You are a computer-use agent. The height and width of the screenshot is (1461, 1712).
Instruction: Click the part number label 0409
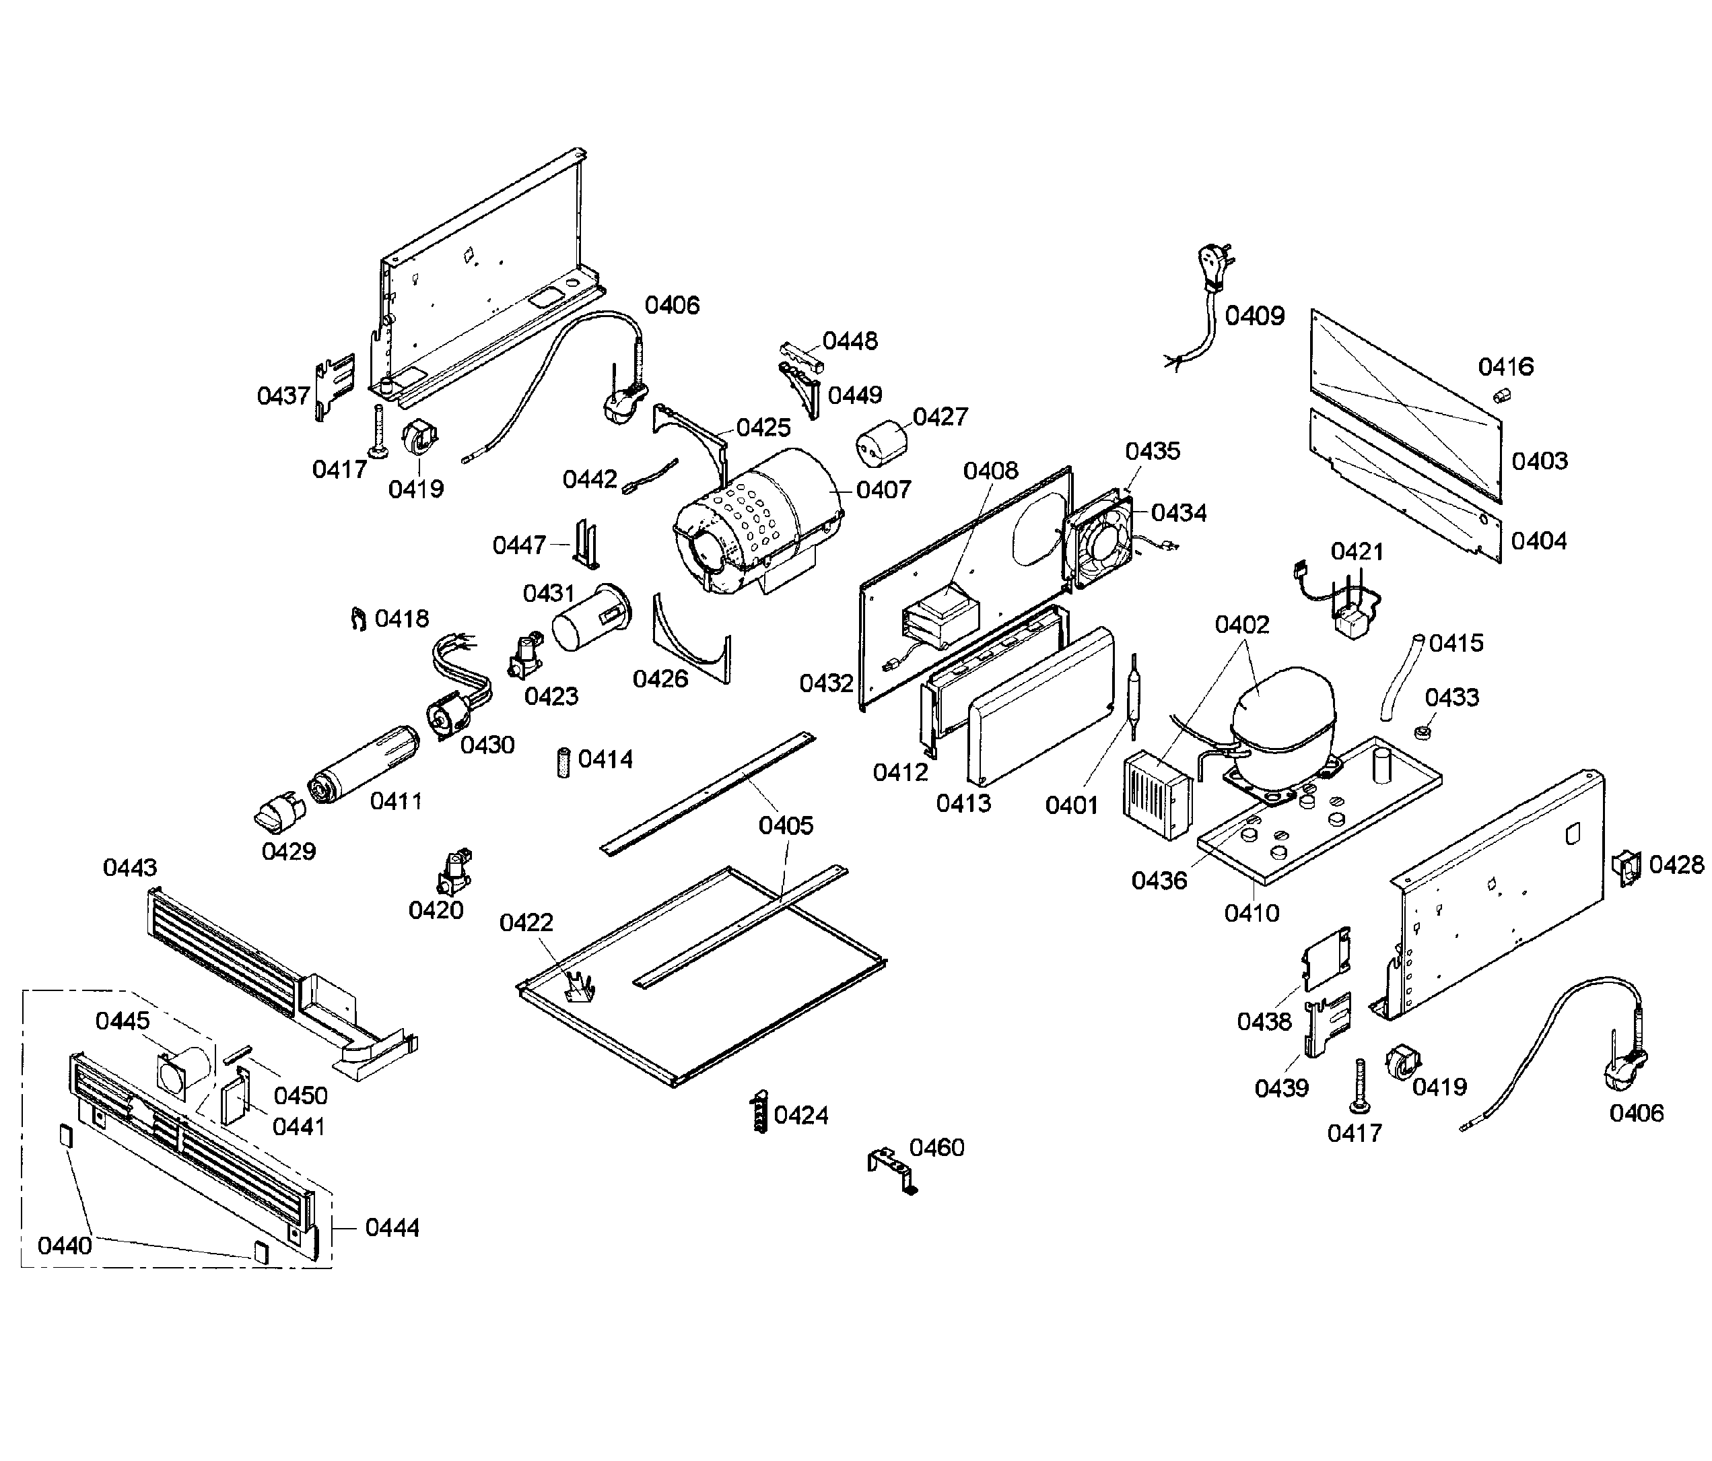(x=1254, y=316)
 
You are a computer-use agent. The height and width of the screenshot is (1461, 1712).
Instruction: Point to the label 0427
(x=940, y=417)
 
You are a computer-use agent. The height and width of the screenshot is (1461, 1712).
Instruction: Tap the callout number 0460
(x=936, y=1147)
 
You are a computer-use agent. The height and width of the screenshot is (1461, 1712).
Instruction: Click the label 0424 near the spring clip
(x=800, y=1116)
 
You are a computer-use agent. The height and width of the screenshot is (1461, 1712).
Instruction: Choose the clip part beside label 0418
(x=357, y=618)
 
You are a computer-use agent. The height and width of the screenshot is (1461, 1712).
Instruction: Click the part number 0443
(x=130, y=868)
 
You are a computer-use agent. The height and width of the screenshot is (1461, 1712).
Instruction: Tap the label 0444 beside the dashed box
(x=392, y=1228)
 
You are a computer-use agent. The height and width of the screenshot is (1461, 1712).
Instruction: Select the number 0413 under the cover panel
(x=963, y=803)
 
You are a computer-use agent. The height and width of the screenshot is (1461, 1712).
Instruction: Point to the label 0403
(x=1539, y=461)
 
